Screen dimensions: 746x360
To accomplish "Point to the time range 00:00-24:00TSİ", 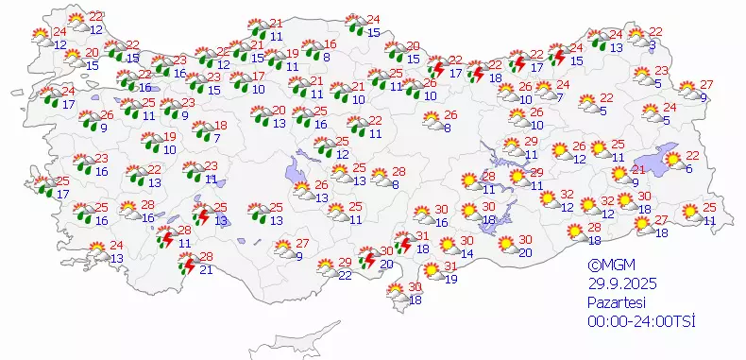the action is tap(640, 322).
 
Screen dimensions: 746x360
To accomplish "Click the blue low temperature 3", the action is tap(653, 44).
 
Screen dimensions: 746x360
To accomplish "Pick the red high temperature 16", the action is tap(331, 44).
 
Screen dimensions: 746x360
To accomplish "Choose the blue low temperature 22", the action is tap(346, 275).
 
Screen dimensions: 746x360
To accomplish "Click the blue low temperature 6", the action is tap(689, 168).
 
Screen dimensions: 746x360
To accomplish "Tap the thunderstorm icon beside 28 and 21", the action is tap(187, 265).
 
